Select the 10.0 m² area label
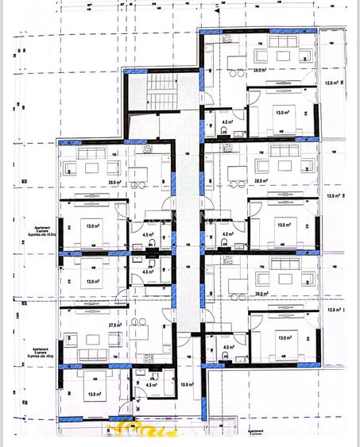click(187, 385)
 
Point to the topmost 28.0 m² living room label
click(259, 70)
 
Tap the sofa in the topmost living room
click(282, 44)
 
